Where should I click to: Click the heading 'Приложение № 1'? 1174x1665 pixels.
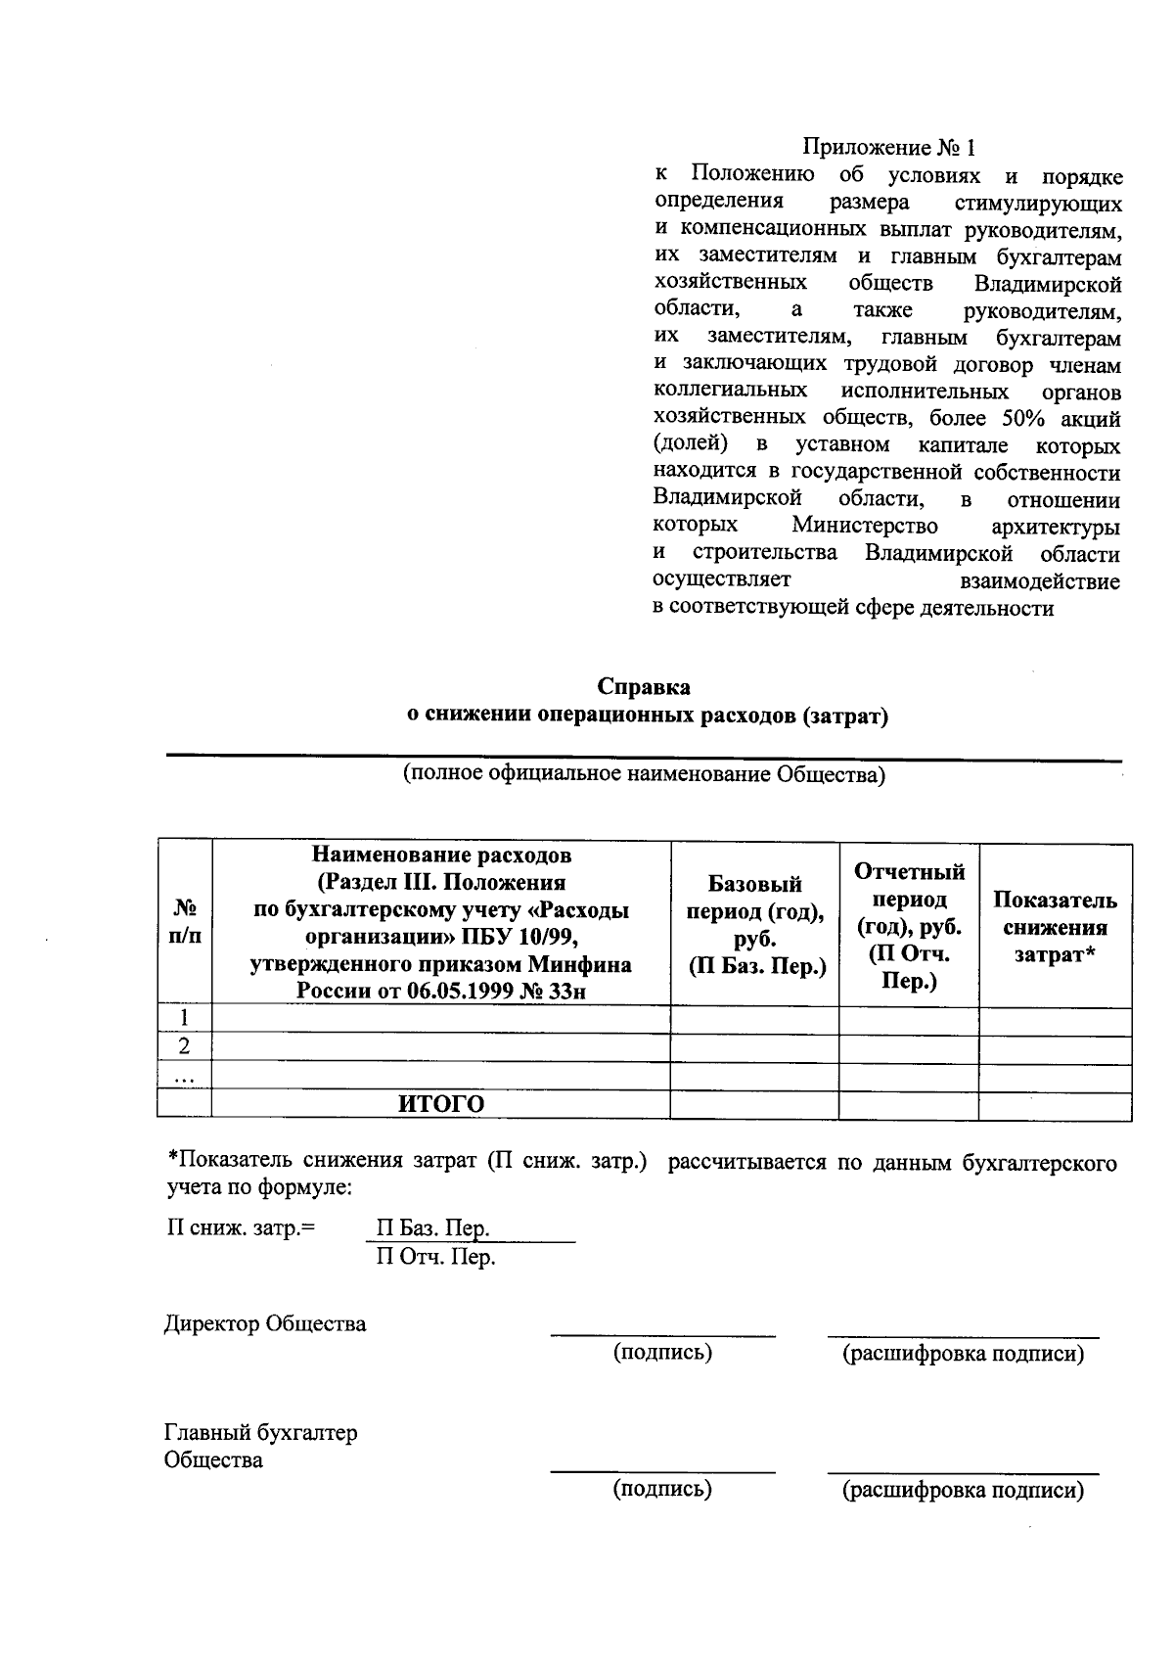888,148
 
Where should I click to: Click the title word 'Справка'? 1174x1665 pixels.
644,687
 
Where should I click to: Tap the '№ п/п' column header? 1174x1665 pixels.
185,921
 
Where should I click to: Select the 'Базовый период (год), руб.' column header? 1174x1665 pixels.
753,925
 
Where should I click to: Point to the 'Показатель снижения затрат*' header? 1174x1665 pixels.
1055,926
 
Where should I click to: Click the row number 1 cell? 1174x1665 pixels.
184,1019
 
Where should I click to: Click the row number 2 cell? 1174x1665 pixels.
184,1047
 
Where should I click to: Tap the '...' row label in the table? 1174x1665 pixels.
184,1077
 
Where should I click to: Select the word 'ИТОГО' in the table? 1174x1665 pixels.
440,1105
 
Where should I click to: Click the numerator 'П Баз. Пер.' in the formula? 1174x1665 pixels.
432,1228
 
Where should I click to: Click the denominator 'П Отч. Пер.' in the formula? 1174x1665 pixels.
436,1257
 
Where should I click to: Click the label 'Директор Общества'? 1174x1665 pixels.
264,1324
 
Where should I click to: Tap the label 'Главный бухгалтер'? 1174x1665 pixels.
260,1433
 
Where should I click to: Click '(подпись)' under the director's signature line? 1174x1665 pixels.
662,1353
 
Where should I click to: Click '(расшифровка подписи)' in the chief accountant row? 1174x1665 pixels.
963,1491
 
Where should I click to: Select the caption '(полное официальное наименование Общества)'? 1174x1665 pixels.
644,775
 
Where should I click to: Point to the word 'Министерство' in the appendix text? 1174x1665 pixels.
865,527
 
